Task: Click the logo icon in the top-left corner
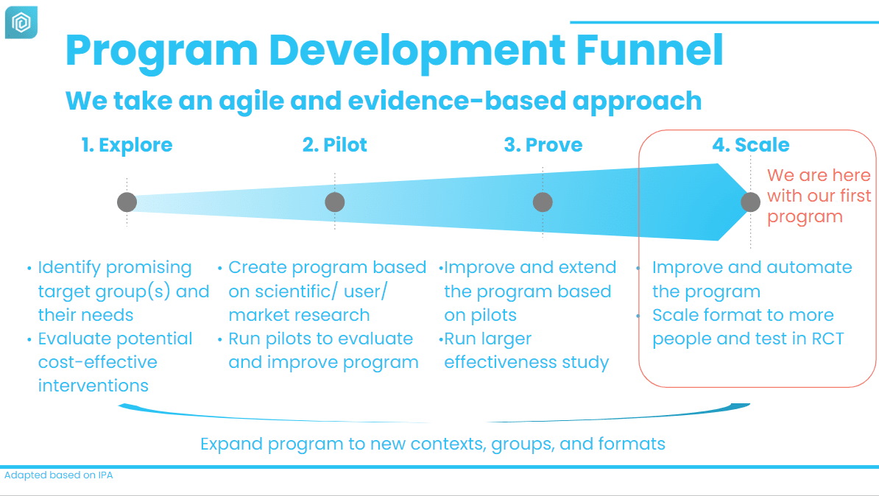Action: pyautogui.click(x=21, y=22)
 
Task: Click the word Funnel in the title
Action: pyautogui.click(x=649, y=51)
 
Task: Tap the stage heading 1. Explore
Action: pyautogui.click(x=127, y=145)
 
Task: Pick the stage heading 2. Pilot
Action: pyautogui.click(x=335, y=145)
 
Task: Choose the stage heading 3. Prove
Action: pyautogui.click(x=543, y=145)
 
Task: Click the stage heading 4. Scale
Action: pyautogui.click(x=751, y=145)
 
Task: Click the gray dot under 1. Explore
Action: pyautogui.click(x=127, y=202)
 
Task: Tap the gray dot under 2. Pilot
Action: pyautogui.click(x=335, y=202)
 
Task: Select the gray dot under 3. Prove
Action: pyautogui.click(x=543, y=202)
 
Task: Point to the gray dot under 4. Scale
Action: pyautogui.click(x=751, y=202)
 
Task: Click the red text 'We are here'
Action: pyautogui.click(x=819, y=175)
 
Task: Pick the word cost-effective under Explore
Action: pyautogui.click(x=97, y=362)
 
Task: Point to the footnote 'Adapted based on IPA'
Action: pyautogui.click(x=59, y=475)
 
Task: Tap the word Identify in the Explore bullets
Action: pyautogui.click(x=73, y=268)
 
